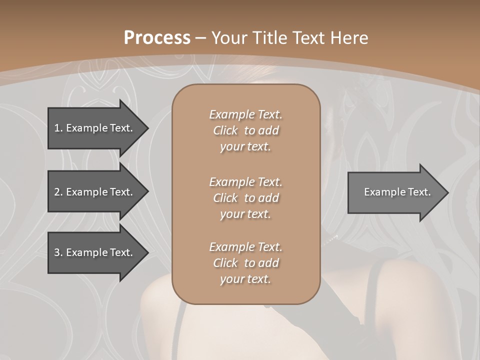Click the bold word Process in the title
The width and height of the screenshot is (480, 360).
[157, 38]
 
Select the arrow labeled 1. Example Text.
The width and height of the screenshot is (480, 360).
[95, 128]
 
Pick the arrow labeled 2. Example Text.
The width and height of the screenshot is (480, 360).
[95, 192]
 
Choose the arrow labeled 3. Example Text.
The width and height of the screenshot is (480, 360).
[95, 252]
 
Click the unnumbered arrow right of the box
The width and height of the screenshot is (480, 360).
[395, 192]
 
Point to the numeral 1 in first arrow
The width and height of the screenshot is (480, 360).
[56, 128]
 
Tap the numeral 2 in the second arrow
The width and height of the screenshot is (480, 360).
[56, 192]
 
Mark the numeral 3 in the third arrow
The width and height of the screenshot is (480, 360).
[56, 252]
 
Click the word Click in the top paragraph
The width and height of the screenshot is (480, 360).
[225, 130]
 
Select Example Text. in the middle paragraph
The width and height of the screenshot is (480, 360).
[245, 182]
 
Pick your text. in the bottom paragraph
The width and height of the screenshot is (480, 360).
[245, 279]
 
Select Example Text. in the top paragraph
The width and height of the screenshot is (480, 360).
[245, 114]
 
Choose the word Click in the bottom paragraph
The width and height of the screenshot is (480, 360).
[225, 263]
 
